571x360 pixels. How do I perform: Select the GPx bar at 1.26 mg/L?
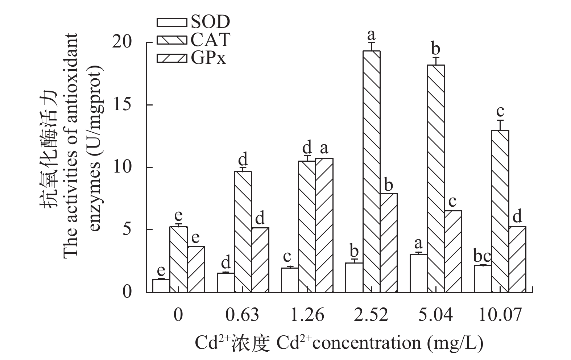[x=324, y=225]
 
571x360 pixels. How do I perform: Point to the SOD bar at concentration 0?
[x=161, y=285]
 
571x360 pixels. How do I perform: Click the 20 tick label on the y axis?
[x=131, y=42]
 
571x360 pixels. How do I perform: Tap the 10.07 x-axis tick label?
[x=500, y=315]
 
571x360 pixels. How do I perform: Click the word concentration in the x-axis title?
[x=367, y=343]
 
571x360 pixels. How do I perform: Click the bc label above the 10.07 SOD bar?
[x=482, y=257]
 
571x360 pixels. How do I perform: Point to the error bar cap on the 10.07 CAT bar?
[x=500, y=120]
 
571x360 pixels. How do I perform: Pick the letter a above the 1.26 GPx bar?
[x=324, y=148]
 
